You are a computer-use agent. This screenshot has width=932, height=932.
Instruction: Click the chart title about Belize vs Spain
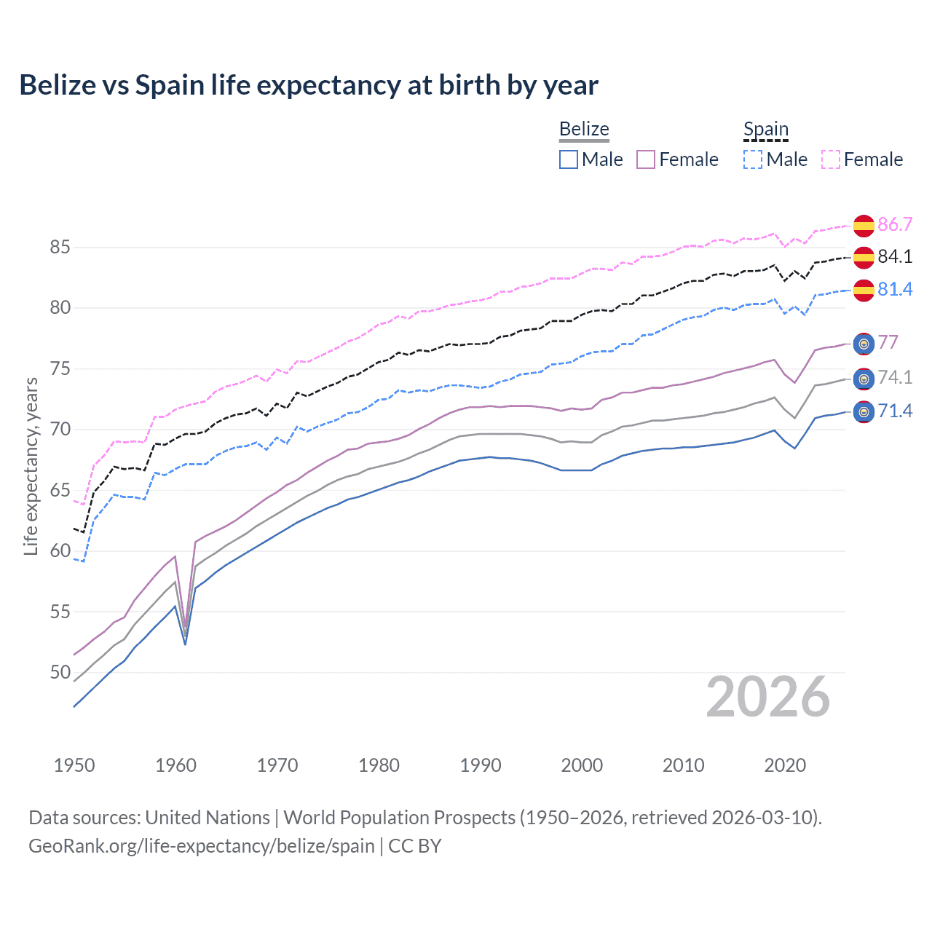click(x=309, y=85)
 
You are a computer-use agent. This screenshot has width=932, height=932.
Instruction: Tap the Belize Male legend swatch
click(x=569, y=159)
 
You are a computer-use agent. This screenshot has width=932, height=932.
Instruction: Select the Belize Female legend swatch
click(x=646, y=159)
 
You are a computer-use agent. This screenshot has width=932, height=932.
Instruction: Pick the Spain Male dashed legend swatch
click(x=753, y=159)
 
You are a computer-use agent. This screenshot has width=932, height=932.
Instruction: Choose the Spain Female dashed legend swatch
click(x=831, y=159)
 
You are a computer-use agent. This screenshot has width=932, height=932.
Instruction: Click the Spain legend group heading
click(x=765, y=130)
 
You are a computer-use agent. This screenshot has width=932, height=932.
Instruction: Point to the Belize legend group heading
click(x=584, y=129)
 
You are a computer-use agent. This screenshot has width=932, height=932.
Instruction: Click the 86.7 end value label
click(x=895, y=224)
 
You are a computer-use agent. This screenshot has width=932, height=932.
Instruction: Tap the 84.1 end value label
click(x=895, y=256)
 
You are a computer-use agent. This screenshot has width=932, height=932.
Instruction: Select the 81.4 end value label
click(x=895, y=289)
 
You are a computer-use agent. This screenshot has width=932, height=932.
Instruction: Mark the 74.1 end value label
click(x=895, y=377)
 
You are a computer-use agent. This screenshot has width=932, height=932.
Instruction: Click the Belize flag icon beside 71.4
click(x=864, y=412)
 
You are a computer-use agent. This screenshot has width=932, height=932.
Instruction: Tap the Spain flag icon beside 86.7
click(x=864, y=226)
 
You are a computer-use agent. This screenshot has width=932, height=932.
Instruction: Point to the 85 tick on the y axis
click(x=60, y=248)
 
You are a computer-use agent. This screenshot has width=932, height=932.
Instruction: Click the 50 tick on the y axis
click(x=60, y=672)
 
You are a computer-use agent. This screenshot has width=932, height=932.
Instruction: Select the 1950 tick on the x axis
click(x=74, y=765)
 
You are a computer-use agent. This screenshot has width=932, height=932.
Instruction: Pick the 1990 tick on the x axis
click(x=481, y=765)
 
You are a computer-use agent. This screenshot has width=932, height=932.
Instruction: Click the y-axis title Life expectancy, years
click(x=31, y=466)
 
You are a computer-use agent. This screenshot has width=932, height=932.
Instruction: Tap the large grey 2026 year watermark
click(x=768, y=697)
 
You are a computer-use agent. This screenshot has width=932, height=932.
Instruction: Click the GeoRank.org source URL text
click(x=202, y=846)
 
